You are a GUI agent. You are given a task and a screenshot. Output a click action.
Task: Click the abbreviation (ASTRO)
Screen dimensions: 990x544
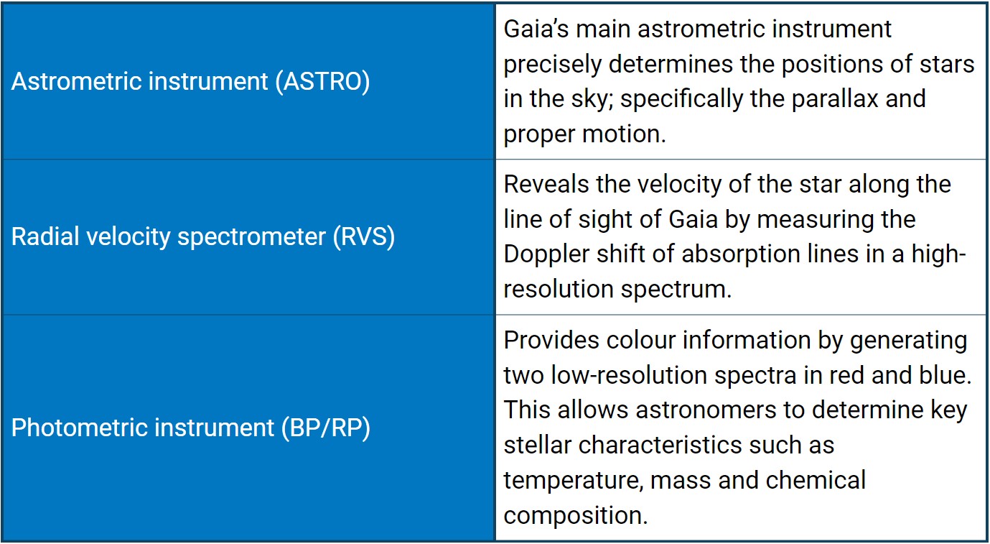(x=322, y=82)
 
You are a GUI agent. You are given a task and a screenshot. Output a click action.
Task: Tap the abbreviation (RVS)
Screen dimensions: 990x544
(x=364, y=236)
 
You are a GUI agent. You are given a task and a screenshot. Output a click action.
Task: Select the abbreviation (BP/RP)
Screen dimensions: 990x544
(x=326, y=428)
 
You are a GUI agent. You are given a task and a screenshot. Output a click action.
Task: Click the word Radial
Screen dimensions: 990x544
(x=45, y=236)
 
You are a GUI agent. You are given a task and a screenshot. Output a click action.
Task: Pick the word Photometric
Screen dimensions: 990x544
(x=79, y=428)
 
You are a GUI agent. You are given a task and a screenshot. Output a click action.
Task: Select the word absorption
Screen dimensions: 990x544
(x=742, y=255)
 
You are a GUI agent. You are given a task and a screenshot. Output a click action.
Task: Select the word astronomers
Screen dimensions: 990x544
(x=706, y=410)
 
